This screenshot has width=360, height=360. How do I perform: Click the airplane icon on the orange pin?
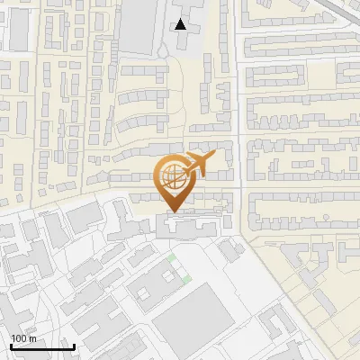click(x=195, y=164)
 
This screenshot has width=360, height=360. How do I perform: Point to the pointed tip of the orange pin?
click(x=174, y=213)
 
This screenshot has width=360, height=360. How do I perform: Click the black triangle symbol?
click(x=182, y=25)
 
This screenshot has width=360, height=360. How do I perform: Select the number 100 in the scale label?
click(x=19, y=339)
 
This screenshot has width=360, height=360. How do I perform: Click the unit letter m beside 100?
click(x=32, y=339)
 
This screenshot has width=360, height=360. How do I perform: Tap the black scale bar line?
click(x=41, y=346)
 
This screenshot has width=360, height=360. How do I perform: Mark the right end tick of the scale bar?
click(x=73, y=345)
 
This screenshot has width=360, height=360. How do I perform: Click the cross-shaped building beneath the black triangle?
click(x=190, y=40)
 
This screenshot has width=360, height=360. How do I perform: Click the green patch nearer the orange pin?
click(x=172, y=260)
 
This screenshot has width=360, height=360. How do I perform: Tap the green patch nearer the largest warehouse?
click(x=186, y=280)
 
